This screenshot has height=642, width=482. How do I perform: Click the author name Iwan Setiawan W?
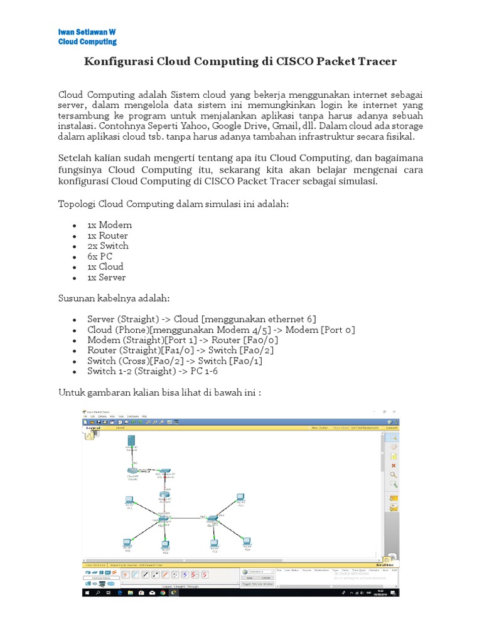(x=87, y=31)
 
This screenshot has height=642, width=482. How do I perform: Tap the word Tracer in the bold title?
(x=374, y=62)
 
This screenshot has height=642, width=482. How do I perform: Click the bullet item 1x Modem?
(x=109, y=225)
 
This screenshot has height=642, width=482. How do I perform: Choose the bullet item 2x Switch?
(x=108, y=246)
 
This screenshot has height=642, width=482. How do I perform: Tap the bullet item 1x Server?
(x=107, y=277)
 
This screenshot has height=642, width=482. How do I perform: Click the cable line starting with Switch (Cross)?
(x=174, y=361)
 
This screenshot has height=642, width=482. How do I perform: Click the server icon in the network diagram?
(x=131, y=441)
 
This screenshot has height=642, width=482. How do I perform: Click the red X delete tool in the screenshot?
(x=394, y=466)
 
